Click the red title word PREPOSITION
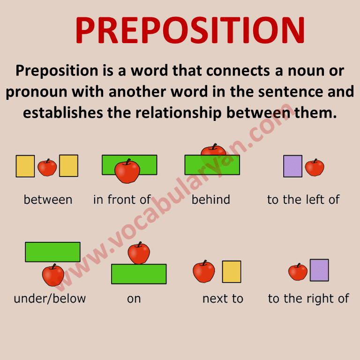(190, 30)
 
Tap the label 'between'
(48, 199)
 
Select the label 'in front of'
(122, 199)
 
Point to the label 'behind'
(211, 199)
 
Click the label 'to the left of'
(303, 199)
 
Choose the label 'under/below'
(50, 299)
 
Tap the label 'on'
(134, 299)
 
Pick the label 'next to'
(223, 299)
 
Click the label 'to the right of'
(308, 299)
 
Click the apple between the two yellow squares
(47, 167)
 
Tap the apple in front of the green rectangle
(127, 171)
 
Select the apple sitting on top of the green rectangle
(139, 253)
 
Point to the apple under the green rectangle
(53, 275)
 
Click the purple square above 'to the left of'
(292, 166)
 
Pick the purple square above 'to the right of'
(319, 270)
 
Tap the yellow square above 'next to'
(232, 271)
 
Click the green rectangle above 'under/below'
(52, 252)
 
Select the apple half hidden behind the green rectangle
(213, 150)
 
